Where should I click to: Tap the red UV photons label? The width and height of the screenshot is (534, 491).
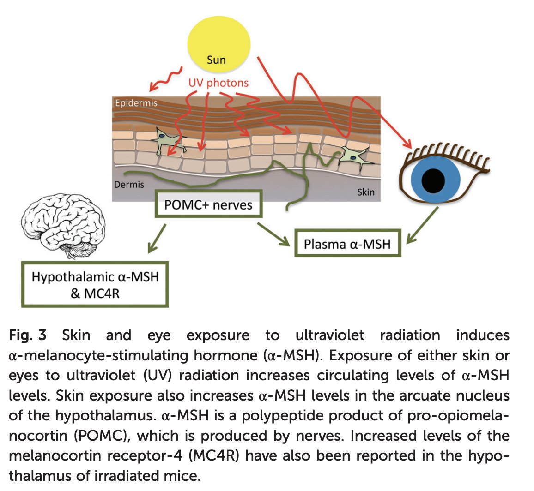[x=218, y=83]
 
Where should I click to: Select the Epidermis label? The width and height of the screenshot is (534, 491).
[x=136, y=103]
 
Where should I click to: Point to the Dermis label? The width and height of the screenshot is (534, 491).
[x=129, y=184]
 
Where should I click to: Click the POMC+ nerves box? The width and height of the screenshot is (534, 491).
[x=208, y=204]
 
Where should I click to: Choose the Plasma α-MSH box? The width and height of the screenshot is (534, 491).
[x=347, y=244]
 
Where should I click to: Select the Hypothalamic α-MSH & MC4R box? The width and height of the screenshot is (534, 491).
[x=95, y=284]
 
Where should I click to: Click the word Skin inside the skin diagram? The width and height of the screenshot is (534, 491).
[x=365, y=192]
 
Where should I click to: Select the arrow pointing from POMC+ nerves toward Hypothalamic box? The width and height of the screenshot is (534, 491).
[x=157, y=239]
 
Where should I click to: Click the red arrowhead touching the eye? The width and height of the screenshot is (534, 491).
[x=407, y=144]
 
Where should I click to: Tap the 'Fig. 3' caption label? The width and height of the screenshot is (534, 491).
[x=28, y=335]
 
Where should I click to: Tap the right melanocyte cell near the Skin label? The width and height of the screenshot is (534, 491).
[x=352, y=156]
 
